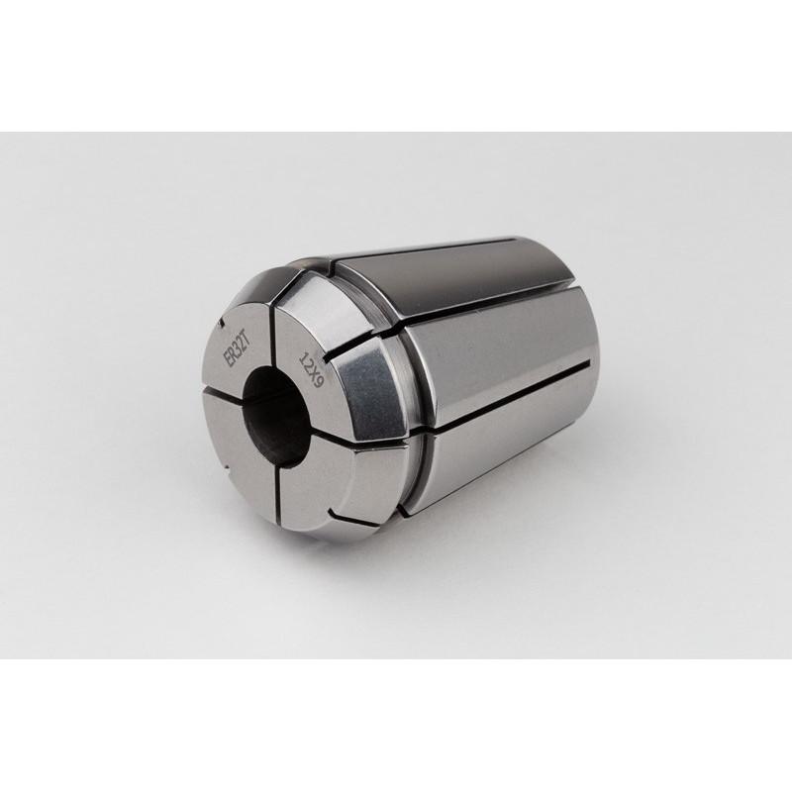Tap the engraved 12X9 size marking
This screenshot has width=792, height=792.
pyautogui.click(x=311, y=371)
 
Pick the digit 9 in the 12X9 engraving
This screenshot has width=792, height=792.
pyautogui.click(x=318, y=384)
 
